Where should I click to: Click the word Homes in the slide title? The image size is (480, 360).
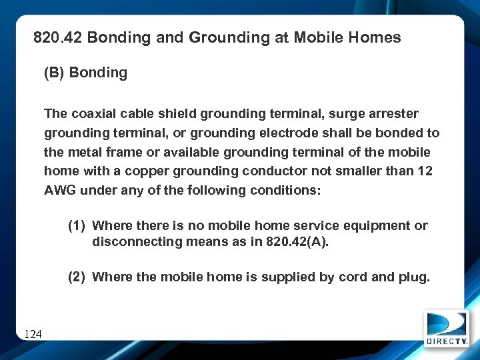click(377, 38)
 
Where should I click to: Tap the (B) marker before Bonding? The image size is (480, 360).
click(53, 73)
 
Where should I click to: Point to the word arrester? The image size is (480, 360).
click(395, 114)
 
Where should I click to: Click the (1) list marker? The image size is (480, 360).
click(77, 225)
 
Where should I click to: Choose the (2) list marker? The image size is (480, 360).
click(77, 277)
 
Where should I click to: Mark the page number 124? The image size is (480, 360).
click(33, 333)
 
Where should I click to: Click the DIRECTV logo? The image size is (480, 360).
click(447, 329)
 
